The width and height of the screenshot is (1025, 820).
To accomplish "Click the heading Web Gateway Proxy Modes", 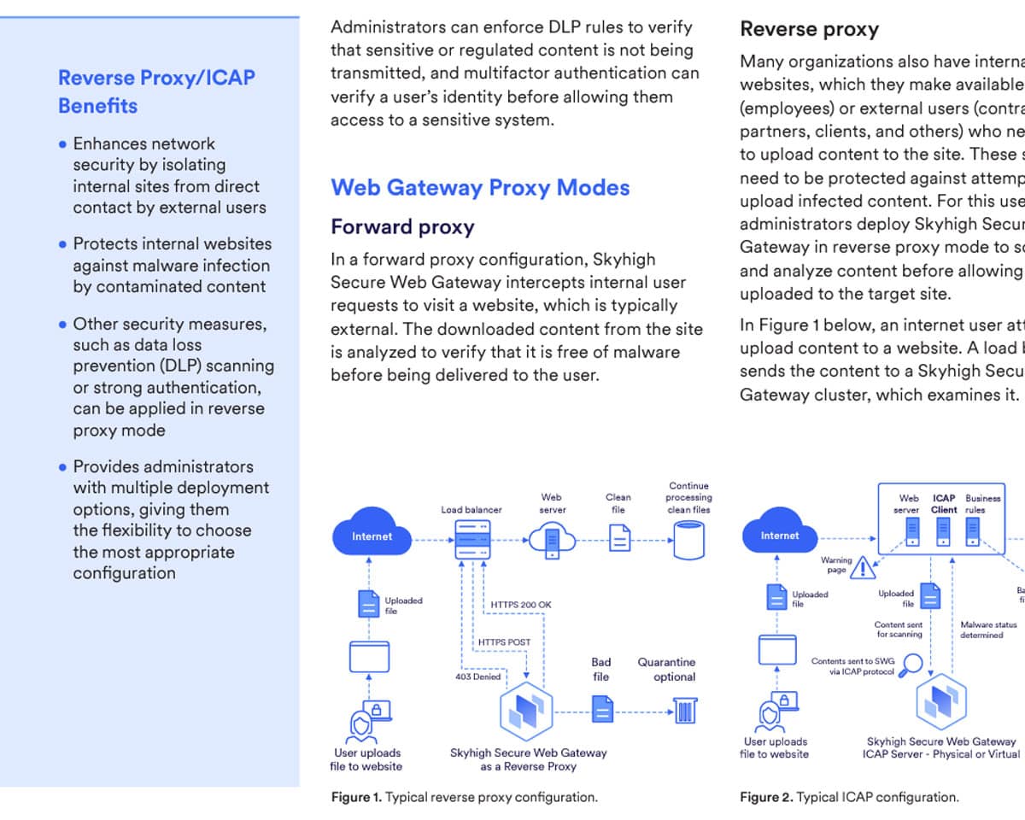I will coord(480,187).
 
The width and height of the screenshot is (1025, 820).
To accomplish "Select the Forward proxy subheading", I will coord(402,227).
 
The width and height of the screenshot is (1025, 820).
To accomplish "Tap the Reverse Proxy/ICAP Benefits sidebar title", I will coord(156,91).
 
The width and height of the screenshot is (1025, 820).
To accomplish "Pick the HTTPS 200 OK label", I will coord(521,605).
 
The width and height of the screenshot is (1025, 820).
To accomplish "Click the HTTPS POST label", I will coord(504,642).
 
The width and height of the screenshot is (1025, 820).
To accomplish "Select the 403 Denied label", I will coord(477,676).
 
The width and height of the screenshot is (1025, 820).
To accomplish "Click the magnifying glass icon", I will coord(912,664).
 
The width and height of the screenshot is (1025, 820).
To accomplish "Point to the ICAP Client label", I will coord(944,504).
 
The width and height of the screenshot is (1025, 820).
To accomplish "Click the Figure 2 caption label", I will coord(765,797).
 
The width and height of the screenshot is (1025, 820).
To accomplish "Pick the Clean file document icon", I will coord(619,538).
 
